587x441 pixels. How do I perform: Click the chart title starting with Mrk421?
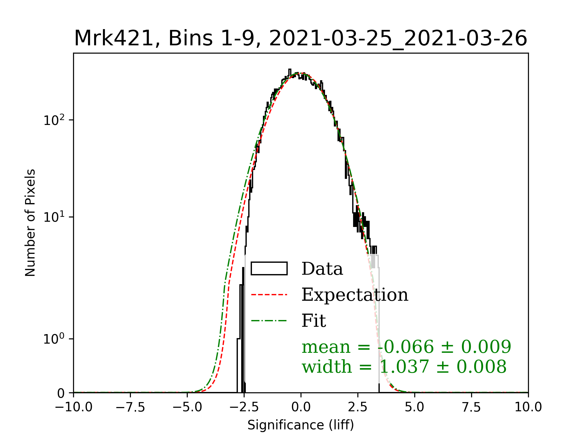[x=301, y=39]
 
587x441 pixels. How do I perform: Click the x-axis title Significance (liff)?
[x=301, y=425]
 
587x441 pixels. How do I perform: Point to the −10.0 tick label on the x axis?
[x=73, y=407]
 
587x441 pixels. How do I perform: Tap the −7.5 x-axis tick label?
[x=130, y=407]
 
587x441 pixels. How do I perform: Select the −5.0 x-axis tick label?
[x=187, y=407]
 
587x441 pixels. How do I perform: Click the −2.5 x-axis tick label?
[x=244, y=407]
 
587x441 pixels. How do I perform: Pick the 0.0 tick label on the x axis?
[x=301, y=407]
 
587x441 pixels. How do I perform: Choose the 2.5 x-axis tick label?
[x=358, y=407]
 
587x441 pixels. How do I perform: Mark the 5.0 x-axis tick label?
[x=415, y=407]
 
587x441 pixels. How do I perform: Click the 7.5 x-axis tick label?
[x=471, y=407]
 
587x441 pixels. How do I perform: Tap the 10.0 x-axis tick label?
[x=528, y=407]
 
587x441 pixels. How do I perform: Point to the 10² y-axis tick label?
[x=54, y=120]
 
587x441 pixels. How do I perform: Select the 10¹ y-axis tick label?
[x=54, y=217]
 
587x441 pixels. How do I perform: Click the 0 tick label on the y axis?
[x=61, y=393]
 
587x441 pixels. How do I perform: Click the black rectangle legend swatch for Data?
[x=269, y=269]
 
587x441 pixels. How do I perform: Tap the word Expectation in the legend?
[x=355, y=295]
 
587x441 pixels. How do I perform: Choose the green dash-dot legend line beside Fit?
[x=269, y=321]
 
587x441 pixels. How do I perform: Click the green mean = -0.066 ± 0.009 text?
[x=406, y=347]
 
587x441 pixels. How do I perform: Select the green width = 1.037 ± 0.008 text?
[x=404, y=367]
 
